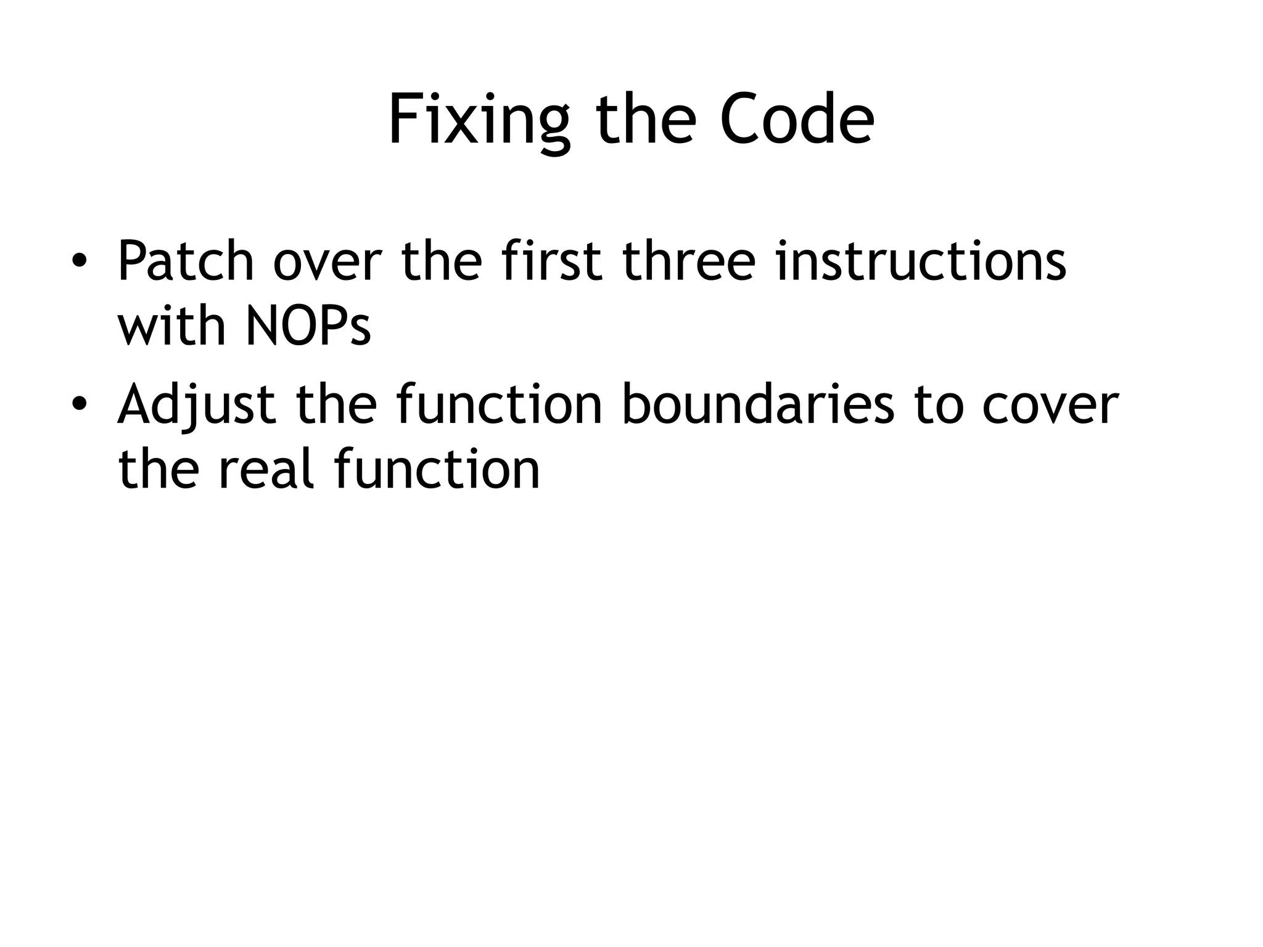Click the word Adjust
tap(197, 406)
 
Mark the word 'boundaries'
tap(758, 406)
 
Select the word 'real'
tap(266, 469)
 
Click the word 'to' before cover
tap(939, 406)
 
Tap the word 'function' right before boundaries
tap(499, 406)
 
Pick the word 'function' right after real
tap(437, 469)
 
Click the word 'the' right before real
tap(158, 469)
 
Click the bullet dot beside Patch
tap(78, 261)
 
